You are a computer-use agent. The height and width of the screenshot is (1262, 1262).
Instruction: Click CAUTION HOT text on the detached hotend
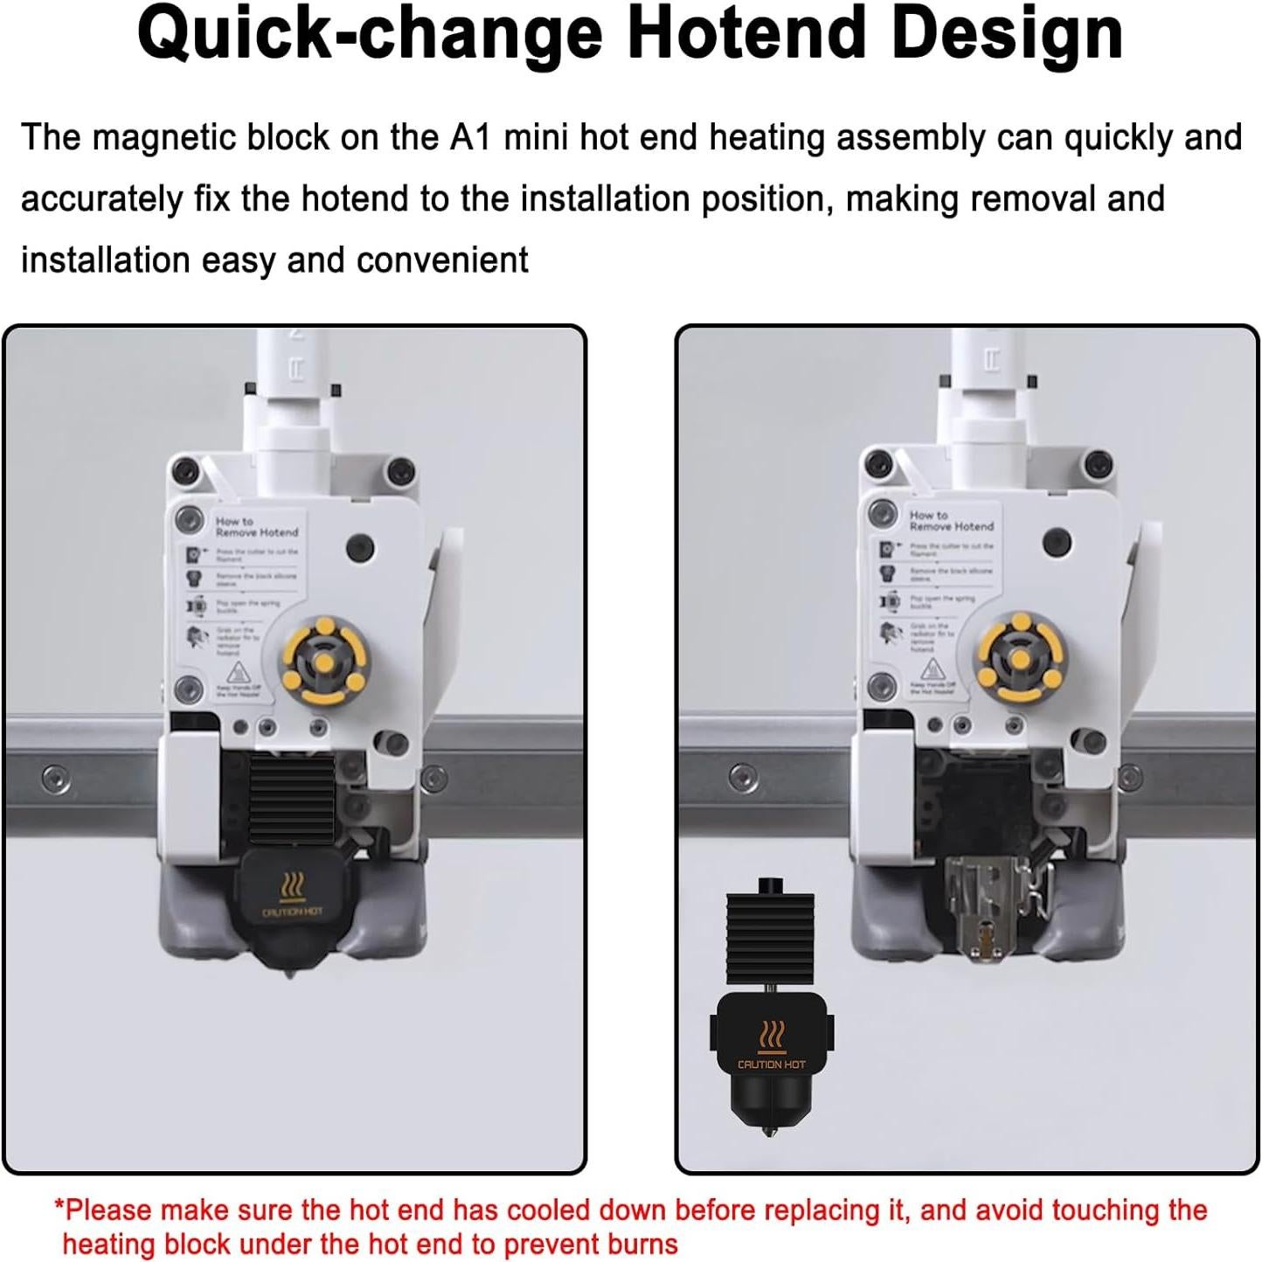772,1064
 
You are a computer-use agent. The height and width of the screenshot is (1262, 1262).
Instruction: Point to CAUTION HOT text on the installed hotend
292,912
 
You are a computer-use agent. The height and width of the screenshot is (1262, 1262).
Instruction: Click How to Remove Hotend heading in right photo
951,521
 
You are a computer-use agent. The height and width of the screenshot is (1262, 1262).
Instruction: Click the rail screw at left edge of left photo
57,777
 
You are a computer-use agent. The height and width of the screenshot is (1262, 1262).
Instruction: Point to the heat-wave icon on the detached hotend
772,1035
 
